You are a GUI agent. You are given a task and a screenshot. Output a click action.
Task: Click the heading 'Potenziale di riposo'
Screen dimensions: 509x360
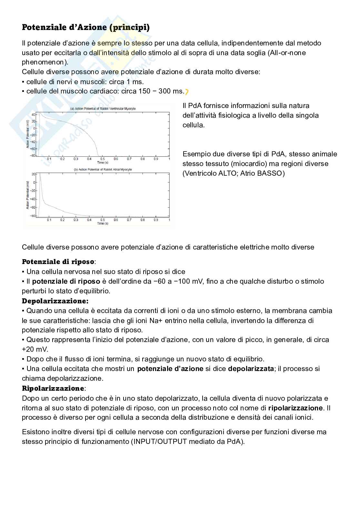point(58,261)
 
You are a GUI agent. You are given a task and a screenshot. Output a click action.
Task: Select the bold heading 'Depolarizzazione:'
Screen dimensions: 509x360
point(55,301)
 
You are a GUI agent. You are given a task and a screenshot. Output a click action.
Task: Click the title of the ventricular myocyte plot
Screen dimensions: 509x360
point(103,109)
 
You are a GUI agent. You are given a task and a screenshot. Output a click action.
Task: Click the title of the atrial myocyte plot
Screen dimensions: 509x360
point(103,170)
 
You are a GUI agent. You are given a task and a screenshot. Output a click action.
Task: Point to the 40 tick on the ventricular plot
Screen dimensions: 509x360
point(33,115)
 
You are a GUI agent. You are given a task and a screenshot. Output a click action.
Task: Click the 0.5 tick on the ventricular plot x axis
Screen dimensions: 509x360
point(102,159)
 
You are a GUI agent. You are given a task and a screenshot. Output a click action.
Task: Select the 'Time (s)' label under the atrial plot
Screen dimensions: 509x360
point(103,223)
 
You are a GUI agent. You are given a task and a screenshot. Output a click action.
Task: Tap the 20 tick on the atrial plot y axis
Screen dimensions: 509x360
point(34,174)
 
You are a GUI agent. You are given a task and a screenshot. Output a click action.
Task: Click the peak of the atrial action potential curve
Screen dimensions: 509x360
point(40,174)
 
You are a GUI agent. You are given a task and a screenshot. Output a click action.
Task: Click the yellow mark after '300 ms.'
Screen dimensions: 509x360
point(186,92)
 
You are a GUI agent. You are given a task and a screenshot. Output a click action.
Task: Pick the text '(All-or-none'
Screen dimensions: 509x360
point(286,53)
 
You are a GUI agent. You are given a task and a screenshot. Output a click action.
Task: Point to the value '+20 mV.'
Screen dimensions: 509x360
point(35,349)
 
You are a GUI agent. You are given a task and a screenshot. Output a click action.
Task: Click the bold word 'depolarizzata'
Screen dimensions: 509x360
point(251,368)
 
